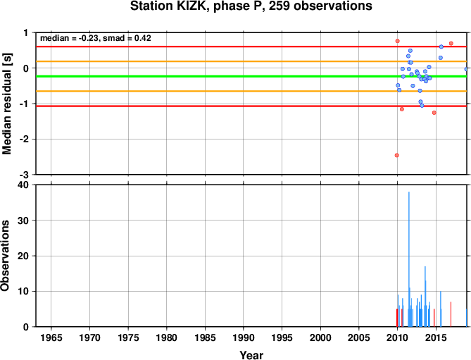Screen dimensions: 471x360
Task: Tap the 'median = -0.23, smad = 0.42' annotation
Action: tap(96, 38)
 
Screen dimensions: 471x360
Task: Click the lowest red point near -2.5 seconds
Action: tap(397, 155)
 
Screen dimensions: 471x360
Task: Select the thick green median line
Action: tap(251, 76)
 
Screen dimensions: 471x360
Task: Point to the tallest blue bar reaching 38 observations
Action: tap(409, 259)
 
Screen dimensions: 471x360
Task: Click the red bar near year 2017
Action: tap(451, 314)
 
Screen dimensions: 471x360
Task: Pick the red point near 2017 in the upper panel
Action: tap(451, 43)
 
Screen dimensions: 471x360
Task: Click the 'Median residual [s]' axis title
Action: tap(6, 104)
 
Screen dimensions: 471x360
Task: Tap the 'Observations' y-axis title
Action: tap(5, 256)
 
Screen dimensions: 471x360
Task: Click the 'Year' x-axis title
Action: tap(251, 355)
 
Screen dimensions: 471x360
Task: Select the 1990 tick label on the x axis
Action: tap(244, 337)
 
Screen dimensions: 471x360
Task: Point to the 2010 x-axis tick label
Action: tap(397, 337)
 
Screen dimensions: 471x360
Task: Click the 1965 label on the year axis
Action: tap(51, 337)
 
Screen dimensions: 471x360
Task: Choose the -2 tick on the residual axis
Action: tap(25, 139)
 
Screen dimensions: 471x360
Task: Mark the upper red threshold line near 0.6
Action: tap(251, 46)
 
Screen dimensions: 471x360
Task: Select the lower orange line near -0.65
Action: tap(251, 91)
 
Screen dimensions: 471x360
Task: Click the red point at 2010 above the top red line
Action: tap(397, 41)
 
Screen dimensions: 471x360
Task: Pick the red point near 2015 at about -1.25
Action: tap(434, 113)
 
